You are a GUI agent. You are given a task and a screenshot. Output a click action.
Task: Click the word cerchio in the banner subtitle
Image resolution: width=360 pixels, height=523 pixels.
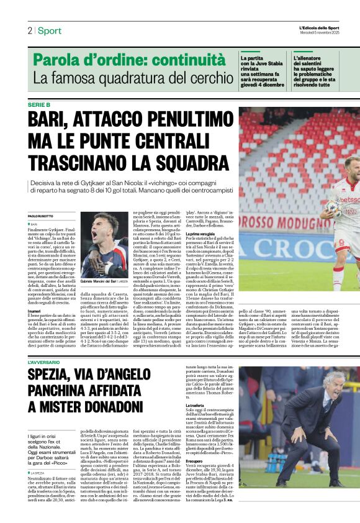pos(204,78)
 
